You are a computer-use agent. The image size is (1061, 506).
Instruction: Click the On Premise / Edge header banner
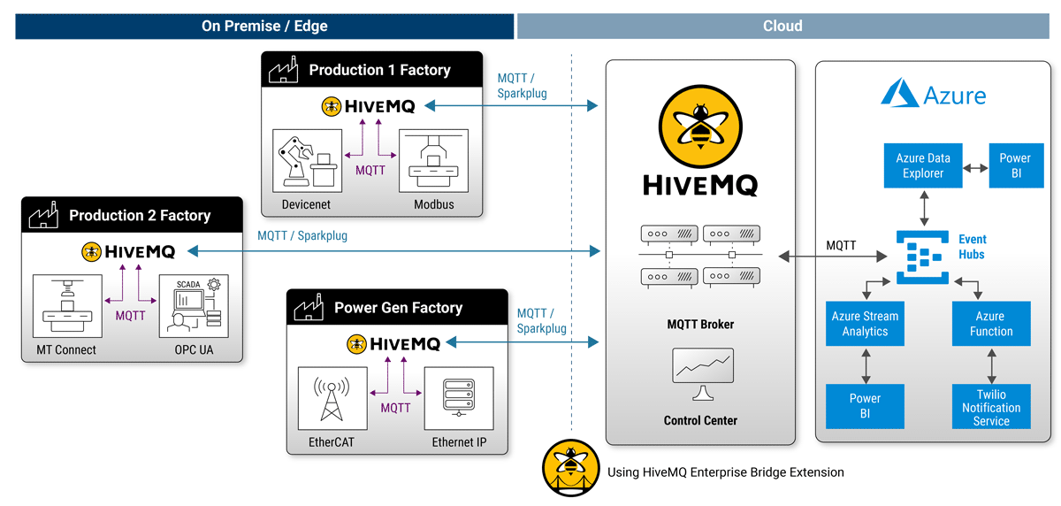[264, 26]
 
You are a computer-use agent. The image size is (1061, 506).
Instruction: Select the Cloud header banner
[782, 26]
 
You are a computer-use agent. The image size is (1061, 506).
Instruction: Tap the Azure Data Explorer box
[923, 165]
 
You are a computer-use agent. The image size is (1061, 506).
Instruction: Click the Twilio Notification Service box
[991, 407]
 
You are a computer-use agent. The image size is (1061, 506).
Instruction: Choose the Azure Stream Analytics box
[865, 324]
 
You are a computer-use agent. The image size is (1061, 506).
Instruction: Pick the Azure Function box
[991, 324]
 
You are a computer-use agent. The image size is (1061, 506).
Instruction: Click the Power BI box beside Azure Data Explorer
[1015, 165]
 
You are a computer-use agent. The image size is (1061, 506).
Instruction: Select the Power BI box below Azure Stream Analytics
[865, 406]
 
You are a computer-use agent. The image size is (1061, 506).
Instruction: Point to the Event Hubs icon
[923, 256]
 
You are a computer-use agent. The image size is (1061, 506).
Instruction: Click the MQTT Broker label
[700, 324]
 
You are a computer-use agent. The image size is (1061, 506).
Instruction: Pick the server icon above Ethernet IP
[458, 400]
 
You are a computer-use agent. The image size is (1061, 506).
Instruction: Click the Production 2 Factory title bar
[132, 215]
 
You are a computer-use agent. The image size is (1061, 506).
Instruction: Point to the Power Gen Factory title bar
[397, 308]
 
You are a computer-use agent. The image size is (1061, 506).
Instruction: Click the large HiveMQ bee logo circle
[700, 125]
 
